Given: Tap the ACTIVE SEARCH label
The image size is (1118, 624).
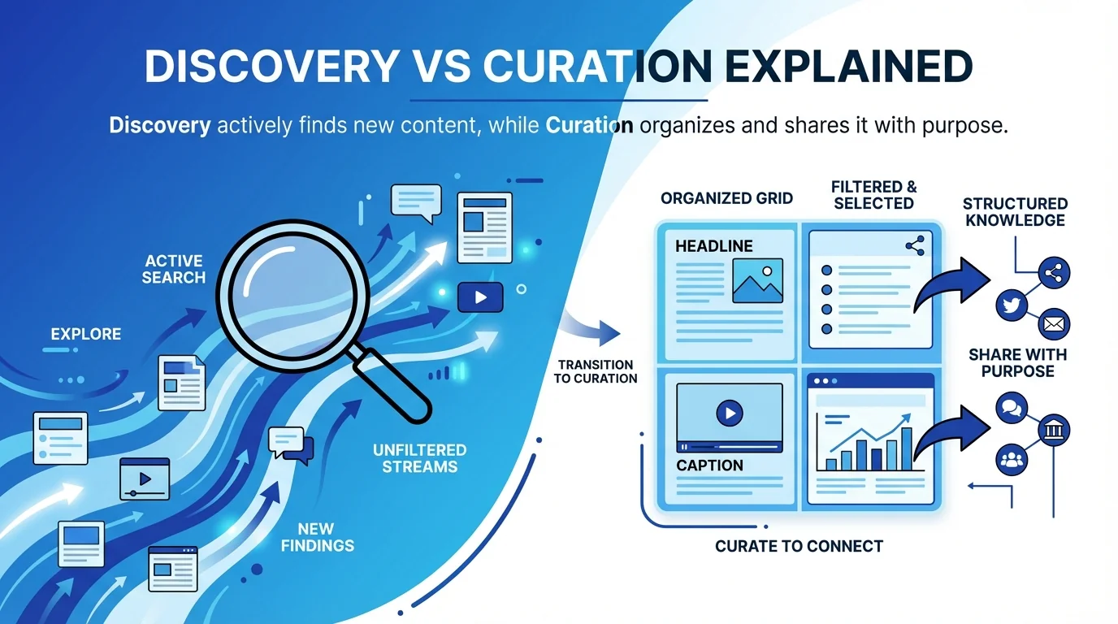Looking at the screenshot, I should tap(174, 269).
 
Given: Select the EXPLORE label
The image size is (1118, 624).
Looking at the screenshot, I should tap(85, 334).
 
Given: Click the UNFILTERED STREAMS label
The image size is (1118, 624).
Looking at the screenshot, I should tap(419, 458).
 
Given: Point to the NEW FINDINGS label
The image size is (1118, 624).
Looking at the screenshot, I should tap(317, 536).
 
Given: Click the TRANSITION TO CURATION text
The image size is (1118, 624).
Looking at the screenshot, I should tap(596, 371).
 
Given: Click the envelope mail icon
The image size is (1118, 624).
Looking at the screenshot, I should tap(1054, 323).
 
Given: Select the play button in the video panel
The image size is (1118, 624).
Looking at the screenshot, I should tap(729, 414).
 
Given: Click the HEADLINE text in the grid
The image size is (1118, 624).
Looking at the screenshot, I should tap(714, 246).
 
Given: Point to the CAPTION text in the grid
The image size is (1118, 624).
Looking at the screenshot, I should tap(709, 466).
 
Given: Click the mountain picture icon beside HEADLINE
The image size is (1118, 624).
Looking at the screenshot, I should tap(756, 280).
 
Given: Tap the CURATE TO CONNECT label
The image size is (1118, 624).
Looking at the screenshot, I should tap(799, 546).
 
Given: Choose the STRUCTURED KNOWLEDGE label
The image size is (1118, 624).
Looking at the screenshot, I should tap(1015, 211).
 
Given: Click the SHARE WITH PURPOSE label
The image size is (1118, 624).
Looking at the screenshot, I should tap(1017, 362).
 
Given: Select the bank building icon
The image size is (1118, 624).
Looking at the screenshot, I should tap(1055, 429).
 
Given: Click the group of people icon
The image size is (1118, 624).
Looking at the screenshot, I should tap(1012, 460).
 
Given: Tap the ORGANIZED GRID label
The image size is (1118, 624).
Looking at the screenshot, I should tap(726, 198).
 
